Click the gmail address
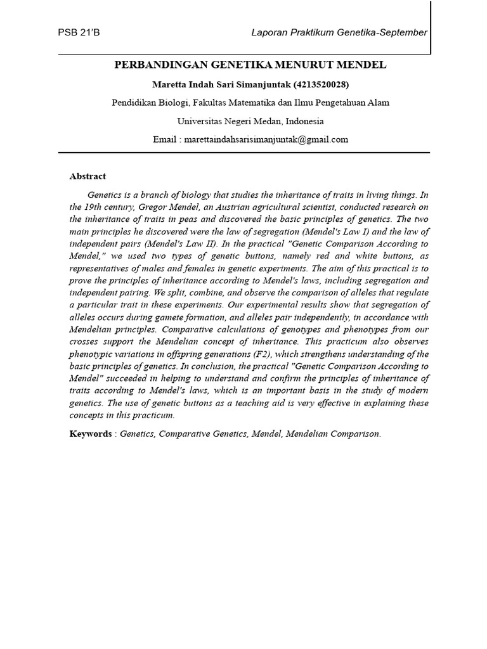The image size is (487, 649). (x=266, y=139)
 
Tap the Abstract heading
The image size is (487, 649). (x=88, y=176)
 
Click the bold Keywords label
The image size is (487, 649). (x=90, y=434)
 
